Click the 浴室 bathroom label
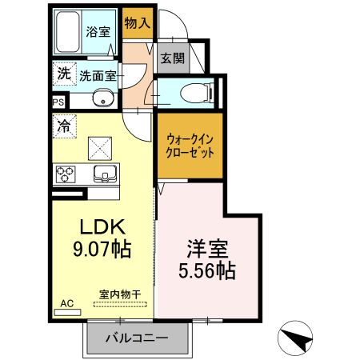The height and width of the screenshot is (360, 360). click(x=98, y=34)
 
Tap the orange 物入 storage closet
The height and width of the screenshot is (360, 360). click(x=137, y=24)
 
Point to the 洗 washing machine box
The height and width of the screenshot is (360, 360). click(x=62, y=74)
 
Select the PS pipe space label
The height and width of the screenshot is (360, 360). click(x=58, y=103)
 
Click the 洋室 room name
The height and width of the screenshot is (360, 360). click(x=206, y=247)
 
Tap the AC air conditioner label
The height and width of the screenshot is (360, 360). click(x=66, y=303)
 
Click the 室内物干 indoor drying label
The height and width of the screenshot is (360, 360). click(x=119, y=294)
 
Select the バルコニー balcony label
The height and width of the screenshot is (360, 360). click(x=138, y=338)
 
